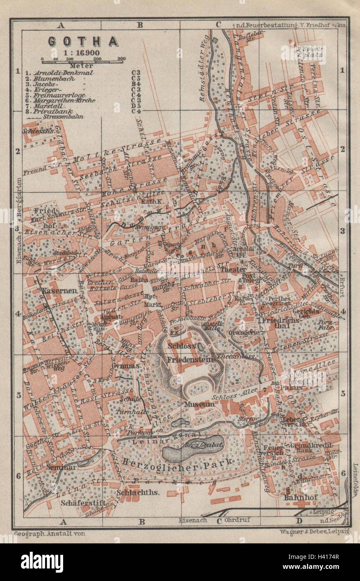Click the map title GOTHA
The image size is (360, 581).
tap(82, 41)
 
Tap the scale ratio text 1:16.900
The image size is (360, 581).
tap(82, 53)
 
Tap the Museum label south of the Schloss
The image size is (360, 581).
tap(198, 404)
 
